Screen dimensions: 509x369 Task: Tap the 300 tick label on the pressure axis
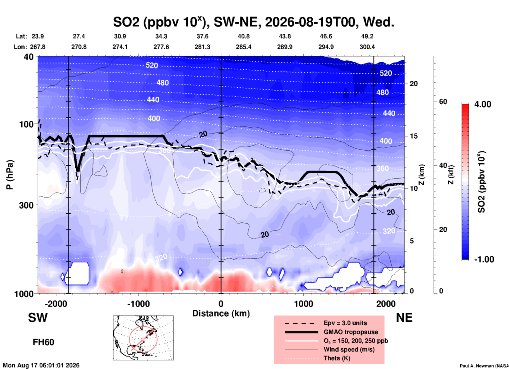pyautogui.click(x=26, y=205)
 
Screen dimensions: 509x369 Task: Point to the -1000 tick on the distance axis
pyautogui.click(x=138, y=304)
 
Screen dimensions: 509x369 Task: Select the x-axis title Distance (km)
pyautogui.click(x=221, y=313)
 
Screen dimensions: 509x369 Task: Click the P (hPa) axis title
pyautogui.click(x=10, y=175)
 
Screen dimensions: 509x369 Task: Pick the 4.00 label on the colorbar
pyautogui.click(x=483, y=104)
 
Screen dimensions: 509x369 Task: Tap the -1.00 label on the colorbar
pyautogui.click(x=484, y=259)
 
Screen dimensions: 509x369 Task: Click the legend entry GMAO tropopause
pyautogui.click(x=351, y=332)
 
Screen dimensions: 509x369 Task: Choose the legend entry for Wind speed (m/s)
pyautogui.click(x=349, y=349)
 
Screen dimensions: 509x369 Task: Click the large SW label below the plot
pyautogui.click(x=38, y=318)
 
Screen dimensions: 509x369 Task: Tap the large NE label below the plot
pyautogui.click(x=404, y=318)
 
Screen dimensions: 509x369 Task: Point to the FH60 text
pyautogui.click(x=43, y=342)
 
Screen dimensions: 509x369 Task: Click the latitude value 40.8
pyautogui.click(x=243, y=36)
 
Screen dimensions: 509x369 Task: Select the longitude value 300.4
pyautogui.click(x=367, y=47)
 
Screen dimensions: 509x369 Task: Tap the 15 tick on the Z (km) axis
pyautogui.click(x=414, y=136)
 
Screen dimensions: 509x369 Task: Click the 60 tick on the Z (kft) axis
pyautogui.click(x=443, y=102)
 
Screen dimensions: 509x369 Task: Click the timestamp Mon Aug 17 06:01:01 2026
pyautogui.click(x=41, y=365)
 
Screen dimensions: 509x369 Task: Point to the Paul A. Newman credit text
pyautogui.click(x=484, y=366)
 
